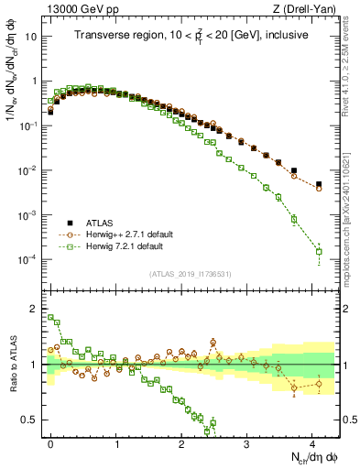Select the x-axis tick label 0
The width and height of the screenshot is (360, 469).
[50, 442]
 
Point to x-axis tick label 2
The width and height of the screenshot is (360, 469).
[181, 442]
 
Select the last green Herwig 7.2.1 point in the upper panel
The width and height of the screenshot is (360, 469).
[319, 251]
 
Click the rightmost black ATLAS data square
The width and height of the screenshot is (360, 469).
[319, 184]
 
